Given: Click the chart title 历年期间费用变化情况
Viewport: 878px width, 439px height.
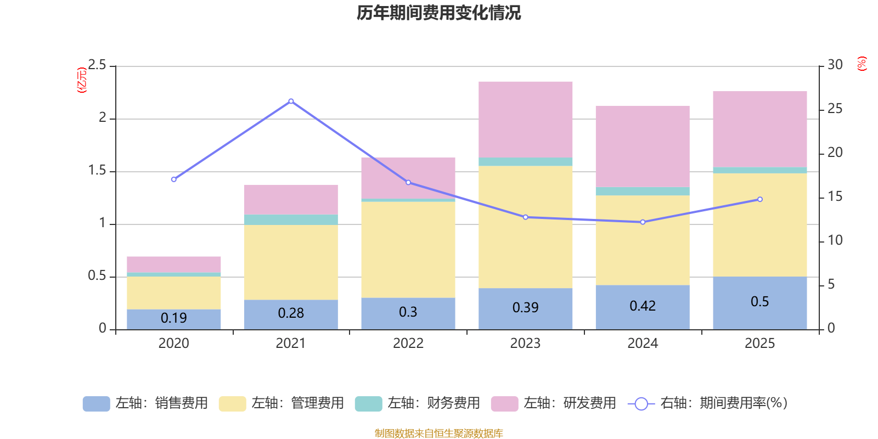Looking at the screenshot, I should point(438,13).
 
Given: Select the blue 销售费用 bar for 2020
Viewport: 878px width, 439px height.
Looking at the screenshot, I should point(174,319).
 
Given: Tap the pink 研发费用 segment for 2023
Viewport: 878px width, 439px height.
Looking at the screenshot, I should point(525,119).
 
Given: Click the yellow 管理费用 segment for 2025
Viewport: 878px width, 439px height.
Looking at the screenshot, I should point(759,224).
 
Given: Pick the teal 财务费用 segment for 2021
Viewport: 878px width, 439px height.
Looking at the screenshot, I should point(291,219).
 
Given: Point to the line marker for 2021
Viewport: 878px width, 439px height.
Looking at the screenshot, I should point(291,101).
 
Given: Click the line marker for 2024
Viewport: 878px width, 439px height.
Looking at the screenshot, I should point(643,222).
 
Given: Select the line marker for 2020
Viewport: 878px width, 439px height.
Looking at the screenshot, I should point(174,179).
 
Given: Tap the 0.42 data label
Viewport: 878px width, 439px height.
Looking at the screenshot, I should point(643,306).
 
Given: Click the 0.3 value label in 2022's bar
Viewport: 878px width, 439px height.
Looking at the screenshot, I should point(408,312).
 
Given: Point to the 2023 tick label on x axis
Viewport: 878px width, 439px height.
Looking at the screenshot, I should point(525,344).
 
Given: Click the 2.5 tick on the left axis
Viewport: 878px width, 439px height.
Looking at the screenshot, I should point(98,65).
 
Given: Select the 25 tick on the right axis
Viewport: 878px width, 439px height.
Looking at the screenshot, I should point(835,109).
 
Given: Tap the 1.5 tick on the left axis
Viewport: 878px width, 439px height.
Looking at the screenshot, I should point(98,171).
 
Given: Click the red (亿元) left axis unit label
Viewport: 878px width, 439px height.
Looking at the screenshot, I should point(82,80).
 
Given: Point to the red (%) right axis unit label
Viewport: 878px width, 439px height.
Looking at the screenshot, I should point(862,64).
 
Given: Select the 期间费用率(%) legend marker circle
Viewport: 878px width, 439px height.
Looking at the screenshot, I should point(641,404).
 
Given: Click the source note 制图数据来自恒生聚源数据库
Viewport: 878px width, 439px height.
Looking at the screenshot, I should point(438,434).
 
